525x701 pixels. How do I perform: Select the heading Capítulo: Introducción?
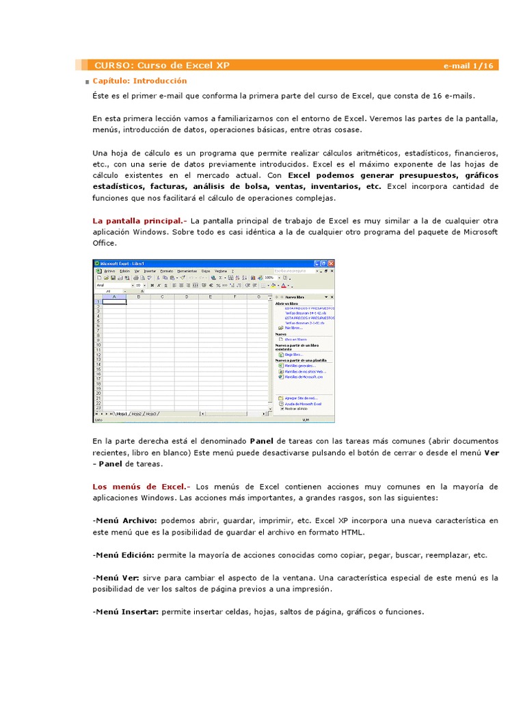(x=139, y=81)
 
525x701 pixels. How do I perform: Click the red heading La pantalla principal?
(x=139, y=221)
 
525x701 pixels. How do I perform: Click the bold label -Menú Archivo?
(x=125, y=521)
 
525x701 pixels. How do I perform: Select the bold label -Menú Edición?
(x=124, y=555)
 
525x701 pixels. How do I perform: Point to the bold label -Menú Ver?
(x=116, y=578)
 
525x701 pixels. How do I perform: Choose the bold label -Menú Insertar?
(x=126, y=611)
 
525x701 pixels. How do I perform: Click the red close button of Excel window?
(x=332, y=264)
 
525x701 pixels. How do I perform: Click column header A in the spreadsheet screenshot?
(x=114, y=296)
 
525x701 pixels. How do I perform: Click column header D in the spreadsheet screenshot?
(x=186, y=296)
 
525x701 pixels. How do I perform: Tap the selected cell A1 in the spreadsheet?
(x=114, y=302)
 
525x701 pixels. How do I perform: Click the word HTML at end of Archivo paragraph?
(x=353, y=532)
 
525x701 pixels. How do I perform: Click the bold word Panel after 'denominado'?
(x=262, y=441)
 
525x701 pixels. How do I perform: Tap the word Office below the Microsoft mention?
(x=105, y=243)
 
